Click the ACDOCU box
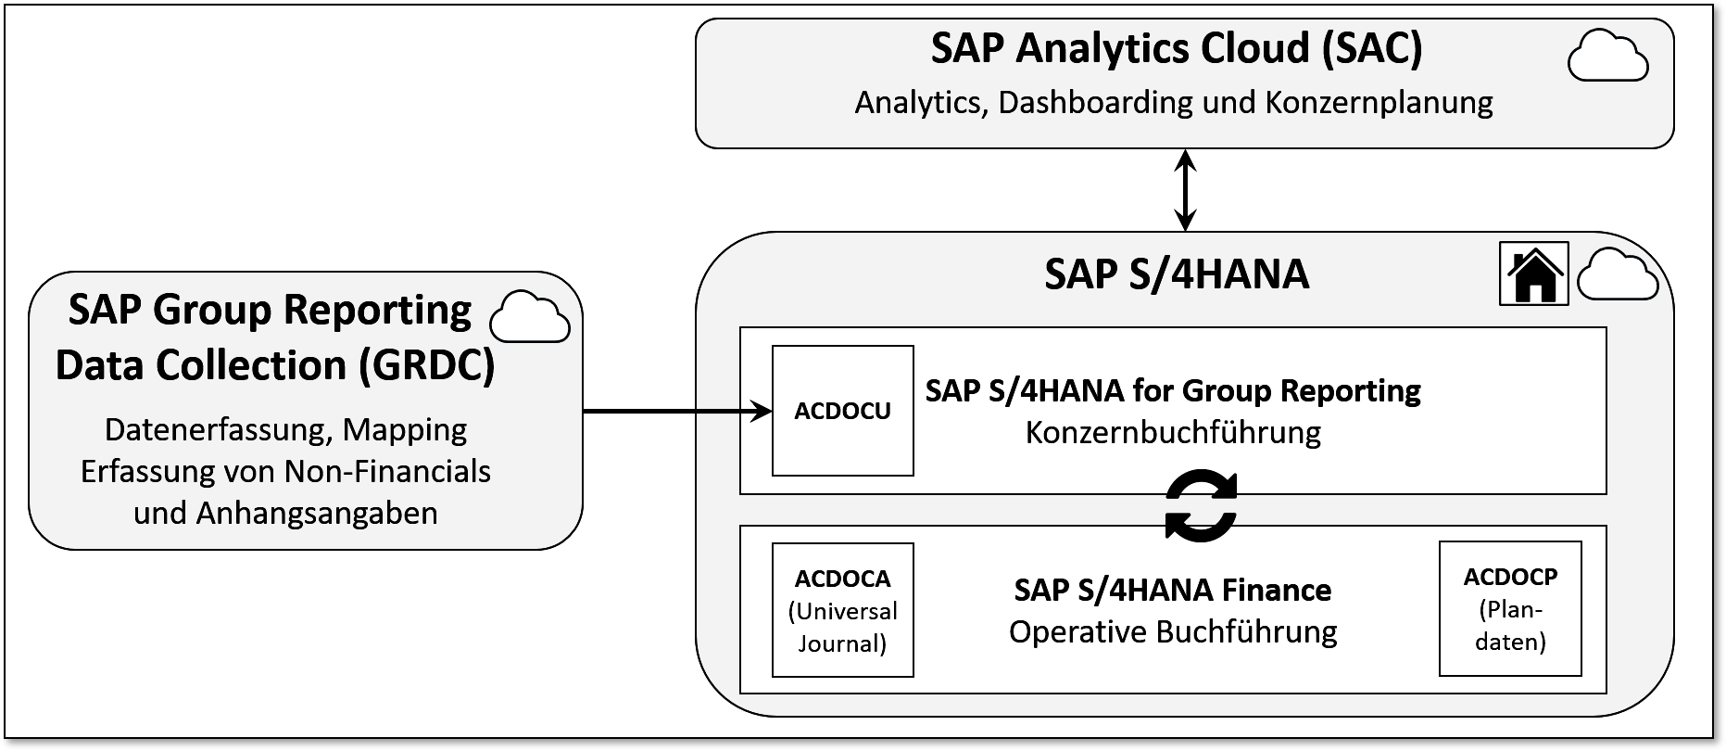842,411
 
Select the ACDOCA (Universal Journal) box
842,609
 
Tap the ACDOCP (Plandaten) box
1509,608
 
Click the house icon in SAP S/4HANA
1533,274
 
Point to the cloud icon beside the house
1617,274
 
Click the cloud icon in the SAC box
1607,56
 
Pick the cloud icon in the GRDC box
529,317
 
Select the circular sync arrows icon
1201,506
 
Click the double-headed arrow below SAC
1185,190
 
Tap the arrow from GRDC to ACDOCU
676,411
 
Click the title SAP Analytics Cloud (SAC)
1176,49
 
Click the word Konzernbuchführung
1173,432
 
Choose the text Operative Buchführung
1173,632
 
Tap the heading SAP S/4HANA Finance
1173,590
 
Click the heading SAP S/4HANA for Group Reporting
1173,390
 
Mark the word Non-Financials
387,471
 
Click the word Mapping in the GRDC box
405,429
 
